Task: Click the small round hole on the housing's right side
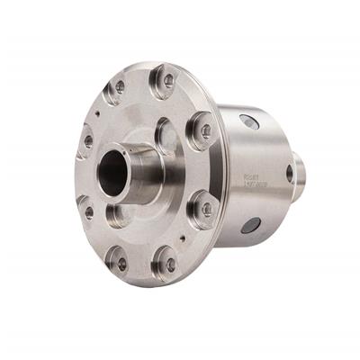pos(290,173)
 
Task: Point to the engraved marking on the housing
pos(254,177)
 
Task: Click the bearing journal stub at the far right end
pos(300,177)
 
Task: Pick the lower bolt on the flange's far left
pos(88,212)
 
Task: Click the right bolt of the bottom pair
pos(166,265)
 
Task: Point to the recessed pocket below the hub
pos(117,216)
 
